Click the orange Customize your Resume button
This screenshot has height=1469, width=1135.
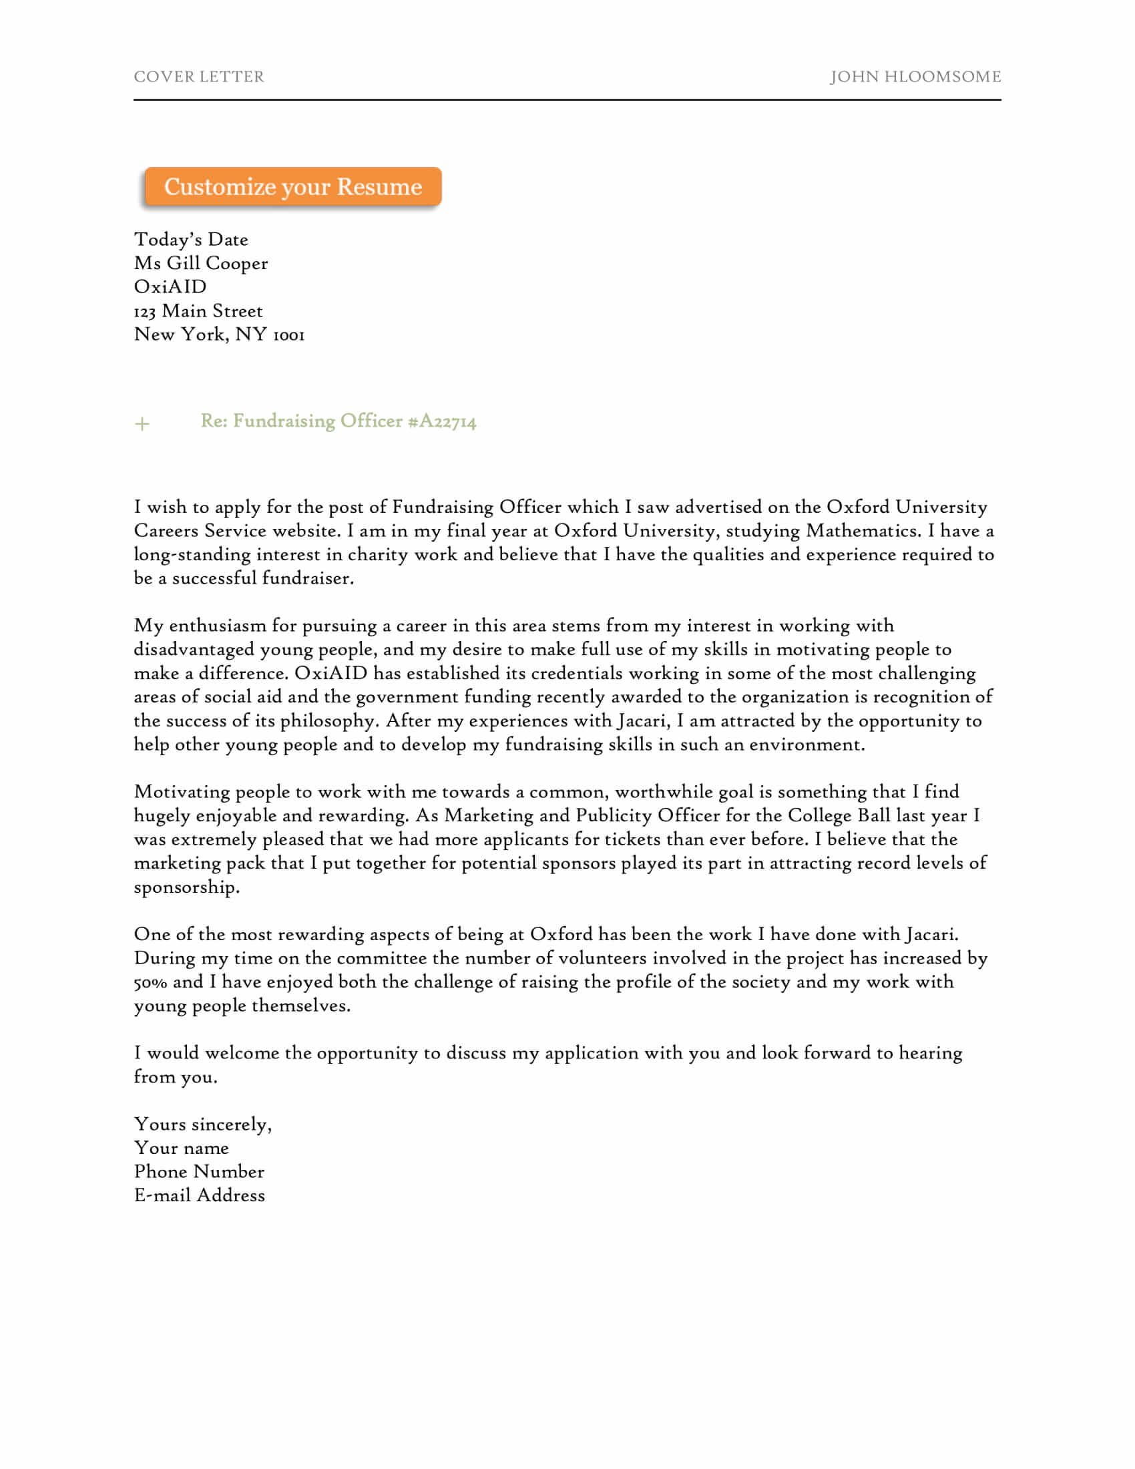point(292,186)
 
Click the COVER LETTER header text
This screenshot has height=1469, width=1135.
point(199,77)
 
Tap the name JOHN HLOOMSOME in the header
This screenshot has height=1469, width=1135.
point(915,77)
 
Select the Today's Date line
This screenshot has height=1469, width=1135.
point(191,240)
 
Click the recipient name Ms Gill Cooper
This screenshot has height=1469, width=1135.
point(200,263)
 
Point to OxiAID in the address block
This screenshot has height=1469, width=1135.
point(170,286)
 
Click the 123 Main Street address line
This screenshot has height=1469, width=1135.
point(198,310)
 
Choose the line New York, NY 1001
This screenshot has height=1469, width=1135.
point(219,335)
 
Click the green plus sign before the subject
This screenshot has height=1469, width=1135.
point(142,424)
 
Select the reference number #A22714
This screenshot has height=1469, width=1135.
point(442,422)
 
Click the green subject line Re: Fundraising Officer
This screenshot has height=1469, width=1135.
point(301,421)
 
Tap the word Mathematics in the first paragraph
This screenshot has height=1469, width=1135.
point(863,531)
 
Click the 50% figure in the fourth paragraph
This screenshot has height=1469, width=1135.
point(150,983)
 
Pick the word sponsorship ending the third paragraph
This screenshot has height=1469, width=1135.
point(186,887)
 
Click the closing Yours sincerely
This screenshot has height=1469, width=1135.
point(202,1124)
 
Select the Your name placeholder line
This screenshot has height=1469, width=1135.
point(182,1148)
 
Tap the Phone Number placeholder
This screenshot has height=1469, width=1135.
point(199,1172)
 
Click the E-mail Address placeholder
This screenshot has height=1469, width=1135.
point(200,1196)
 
